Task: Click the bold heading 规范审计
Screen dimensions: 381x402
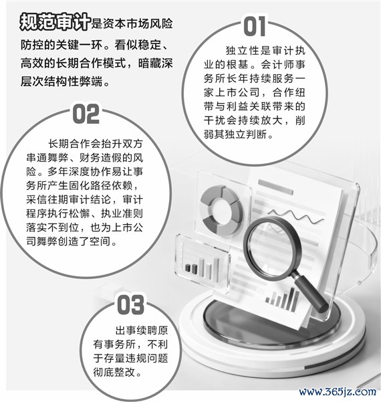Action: [55, 22]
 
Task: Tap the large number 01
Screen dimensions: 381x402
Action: [255, 26]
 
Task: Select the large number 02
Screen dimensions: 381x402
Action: [86, 114]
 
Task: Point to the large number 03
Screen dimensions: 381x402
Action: [130, 304]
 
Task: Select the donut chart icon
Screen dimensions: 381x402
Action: [221, 210]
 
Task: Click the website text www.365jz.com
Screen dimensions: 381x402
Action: [338, 392]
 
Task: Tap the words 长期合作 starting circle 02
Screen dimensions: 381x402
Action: [69, 144]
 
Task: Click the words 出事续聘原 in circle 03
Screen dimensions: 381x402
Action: [142, 330]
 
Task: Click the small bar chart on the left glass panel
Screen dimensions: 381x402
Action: [203, 268]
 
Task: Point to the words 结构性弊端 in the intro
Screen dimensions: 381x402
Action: [74, 82]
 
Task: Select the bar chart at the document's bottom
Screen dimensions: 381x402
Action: [282, 298]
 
